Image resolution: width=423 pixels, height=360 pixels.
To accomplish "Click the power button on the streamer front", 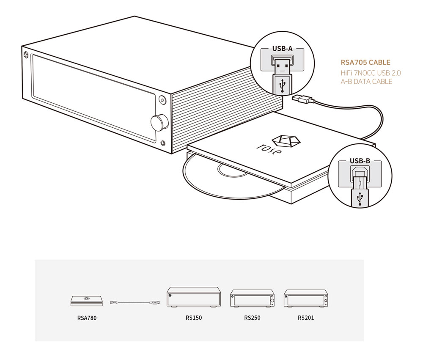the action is pyautogui.click(x=162, y=100).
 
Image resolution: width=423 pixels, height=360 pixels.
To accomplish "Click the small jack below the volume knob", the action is pyautogui.click(x=163, y=143).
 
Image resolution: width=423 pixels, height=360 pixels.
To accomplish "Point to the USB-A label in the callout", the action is pyautogui.click(x=282, y=49).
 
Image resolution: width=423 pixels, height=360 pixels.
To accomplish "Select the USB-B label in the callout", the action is pyautogui.click(x=360, y=161).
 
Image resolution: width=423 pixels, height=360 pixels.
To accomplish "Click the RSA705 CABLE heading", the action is pyautogui.click(x=365, y=62).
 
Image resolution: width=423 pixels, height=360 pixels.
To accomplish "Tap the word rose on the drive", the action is pyautogui.click(x=269, y=149).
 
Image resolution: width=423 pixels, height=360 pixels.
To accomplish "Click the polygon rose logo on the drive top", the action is pyautogui.click(x=286, y=141).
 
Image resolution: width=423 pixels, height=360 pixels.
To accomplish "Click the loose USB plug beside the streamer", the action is pyautogui.click(x=303, y=99).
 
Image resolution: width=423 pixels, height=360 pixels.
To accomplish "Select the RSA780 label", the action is pyautogui.click(x=87, y=318).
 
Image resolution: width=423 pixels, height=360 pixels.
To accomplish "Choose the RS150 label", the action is pyautogui.click(x=194, y=318).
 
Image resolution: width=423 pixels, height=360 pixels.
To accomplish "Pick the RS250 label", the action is pyautogui.click(x=252, y=318).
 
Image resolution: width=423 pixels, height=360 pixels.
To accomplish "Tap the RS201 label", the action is pyautogui.click(x=306, y=318).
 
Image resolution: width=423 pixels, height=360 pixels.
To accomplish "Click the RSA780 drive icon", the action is pyautogui.click(x=87, y=301).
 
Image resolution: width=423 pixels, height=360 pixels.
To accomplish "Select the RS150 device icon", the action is pyautogui.click(x=194, y=297).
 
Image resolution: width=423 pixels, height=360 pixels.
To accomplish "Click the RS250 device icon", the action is pyautogui.click(x=252, y=299).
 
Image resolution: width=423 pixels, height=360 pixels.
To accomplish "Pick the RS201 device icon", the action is pyautogui.click(x=306, y=299).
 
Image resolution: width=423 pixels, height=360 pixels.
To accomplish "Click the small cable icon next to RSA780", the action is pyautogui.click(x=135, y=302).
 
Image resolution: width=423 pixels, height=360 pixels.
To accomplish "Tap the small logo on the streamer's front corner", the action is pyautogui.click(x=26, y=55).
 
